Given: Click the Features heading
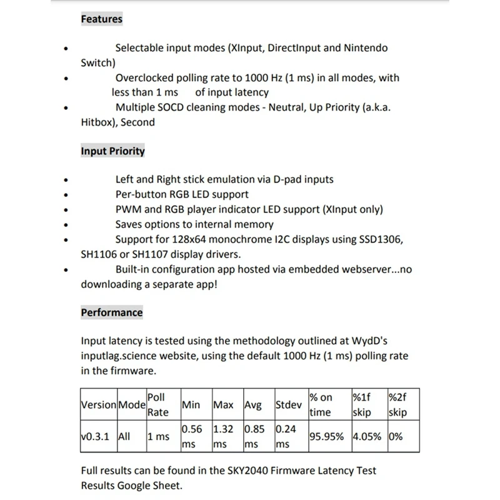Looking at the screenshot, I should [x=101, y=19].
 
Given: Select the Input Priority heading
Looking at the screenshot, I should [x=112, y=151].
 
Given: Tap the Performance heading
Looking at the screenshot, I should [x=111, y=312].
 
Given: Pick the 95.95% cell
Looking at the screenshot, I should [x=326, y=437].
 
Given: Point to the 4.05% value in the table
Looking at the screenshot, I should [x=367, y=437].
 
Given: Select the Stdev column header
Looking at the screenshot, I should [x=289, y=405].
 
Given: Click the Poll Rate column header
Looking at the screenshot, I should [x=157, y=405].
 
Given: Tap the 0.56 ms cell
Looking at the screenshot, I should [x=191, y=437].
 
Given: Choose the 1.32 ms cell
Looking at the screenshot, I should [x=224, y=437].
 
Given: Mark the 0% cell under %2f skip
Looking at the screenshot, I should [x=396, y=437].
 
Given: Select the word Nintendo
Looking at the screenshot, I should [x=365, y=48].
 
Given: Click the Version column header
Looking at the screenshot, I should [x=99, y=405].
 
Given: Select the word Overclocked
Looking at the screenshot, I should [x=147, y=78].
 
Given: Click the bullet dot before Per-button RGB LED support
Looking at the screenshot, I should [x=67, y=195].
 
